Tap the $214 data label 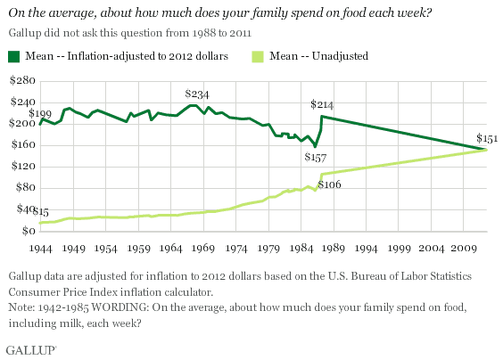click(322, 104)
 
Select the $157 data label click(316, 157)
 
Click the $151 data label click(486, 138)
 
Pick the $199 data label click(40, 114)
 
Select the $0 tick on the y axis click(28, 232)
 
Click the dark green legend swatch click(13, 56)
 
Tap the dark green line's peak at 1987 click(321, 117)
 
